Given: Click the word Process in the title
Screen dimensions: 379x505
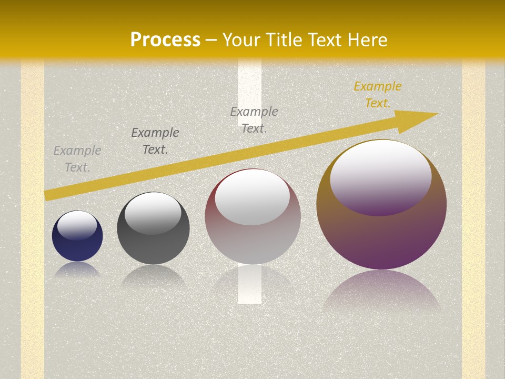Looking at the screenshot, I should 165,39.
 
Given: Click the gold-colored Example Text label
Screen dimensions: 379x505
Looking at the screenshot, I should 377,95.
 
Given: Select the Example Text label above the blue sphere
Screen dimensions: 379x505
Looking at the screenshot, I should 77,159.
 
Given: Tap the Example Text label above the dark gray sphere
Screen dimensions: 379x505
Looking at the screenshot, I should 155,141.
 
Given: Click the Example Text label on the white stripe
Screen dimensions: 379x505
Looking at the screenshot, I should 254,119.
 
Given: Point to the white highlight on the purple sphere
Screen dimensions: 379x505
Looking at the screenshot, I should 380,176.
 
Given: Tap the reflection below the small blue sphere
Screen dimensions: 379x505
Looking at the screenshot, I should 77,269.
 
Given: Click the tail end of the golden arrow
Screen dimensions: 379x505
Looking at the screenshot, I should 47,195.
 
